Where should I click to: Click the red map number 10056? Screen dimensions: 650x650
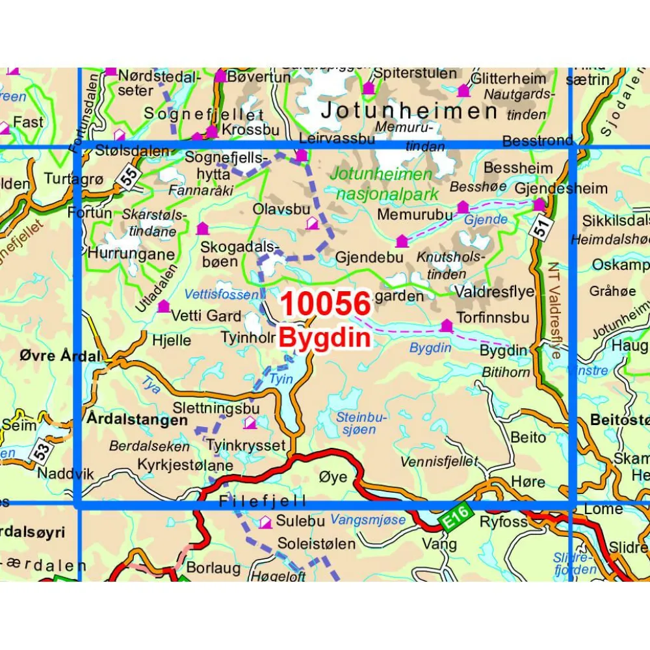point(326,304)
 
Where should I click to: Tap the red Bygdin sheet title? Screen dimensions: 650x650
point(325,337)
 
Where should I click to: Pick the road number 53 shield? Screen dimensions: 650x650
point(40,449)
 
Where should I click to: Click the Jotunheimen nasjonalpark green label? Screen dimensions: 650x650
point(380,183)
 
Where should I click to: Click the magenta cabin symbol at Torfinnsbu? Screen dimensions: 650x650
point(447,325)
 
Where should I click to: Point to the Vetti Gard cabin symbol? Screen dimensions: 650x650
point(163,305)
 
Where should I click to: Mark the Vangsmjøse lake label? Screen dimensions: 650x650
point(367,520)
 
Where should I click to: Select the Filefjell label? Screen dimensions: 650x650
point(262,502)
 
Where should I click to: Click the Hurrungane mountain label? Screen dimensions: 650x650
point(132,253)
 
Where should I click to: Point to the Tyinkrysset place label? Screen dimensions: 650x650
point(246,446)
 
